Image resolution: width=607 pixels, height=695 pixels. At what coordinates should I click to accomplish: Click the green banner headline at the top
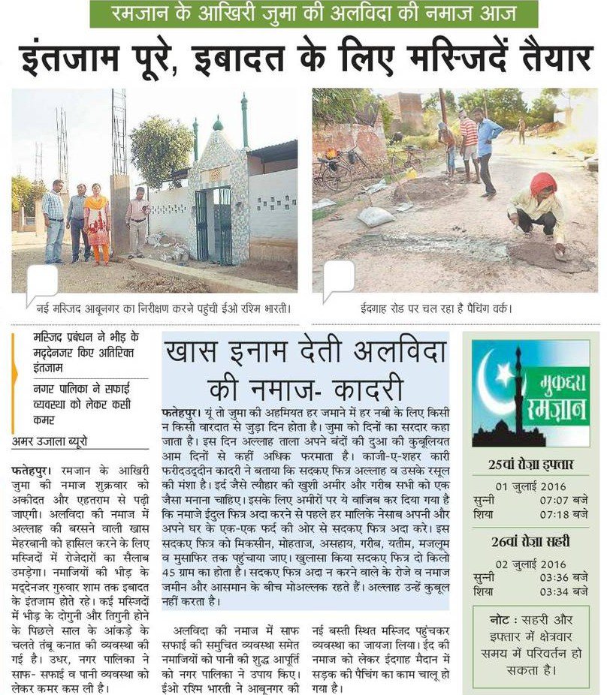pos(313,14)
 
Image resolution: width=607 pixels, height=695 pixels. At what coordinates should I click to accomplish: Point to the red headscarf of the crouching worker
pos(542,183)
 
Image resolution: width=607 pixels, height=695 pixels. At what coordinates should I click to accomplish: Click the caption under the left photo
pos(163,308)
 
